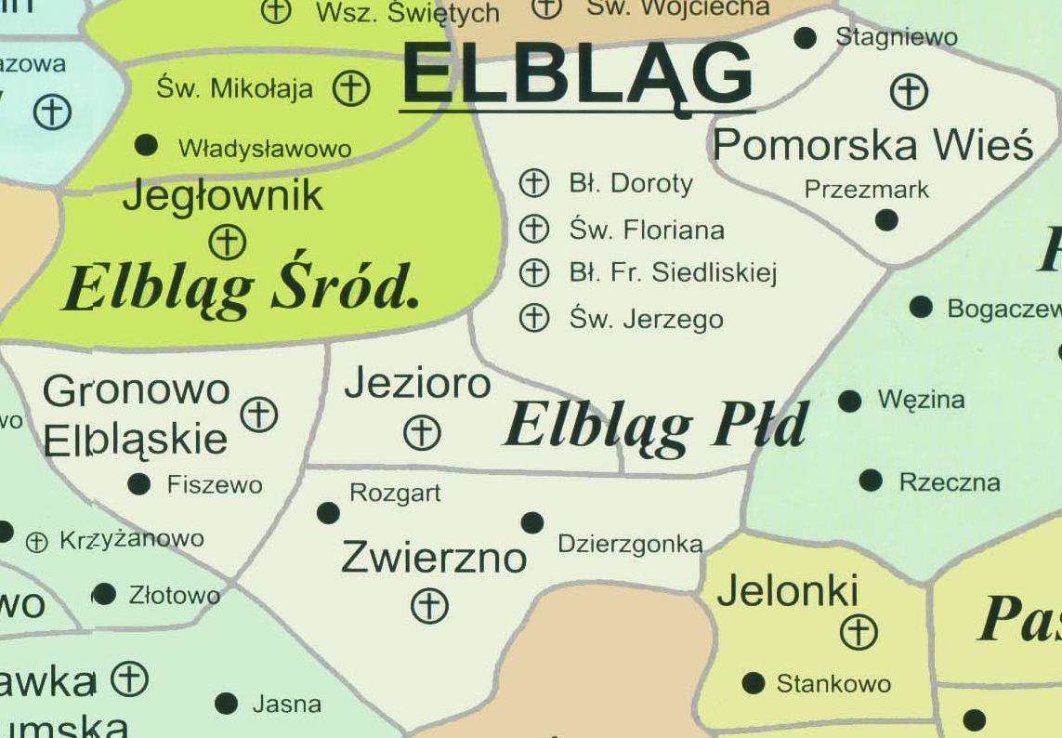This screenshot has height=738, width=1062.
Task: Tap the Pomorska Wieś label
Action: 872,145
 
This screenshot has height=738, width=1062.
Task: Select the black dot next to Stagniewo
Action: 806,38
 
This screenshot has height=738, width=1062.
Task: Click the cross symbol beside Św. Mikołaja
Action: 351,89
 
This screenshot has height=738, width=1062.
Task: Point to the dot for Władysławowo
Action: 146,145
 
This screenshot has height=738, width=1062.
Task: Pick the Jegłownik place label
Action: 222,195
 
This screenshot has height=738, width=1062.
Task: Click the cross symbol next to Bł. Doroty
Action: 533,183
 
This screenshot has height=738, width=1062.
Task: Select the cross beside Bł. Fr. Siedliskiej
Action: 533,272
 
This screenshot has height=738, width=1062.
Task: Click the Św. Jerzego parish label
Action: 647,320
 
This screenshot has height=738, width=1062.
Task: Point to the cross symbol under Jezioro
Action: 423,432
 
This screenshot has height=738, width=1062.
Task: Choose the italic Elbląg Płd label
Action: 656,426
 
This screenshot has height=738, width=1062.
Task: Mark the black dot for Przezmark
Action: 886,220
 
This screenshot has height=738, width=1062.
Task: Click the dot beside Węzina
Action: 849,401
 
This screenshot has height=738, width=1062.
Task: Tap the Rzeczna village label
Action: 949,482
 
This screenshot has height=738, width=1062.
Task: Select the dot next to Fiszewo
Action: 139,483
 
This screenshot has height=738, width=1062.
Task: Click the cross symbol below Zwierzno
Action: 429,606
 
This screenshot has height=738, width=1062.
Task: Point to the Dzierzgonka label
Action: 630,545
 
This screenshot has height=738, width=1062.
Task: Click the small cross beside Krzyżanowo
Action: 36,542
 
